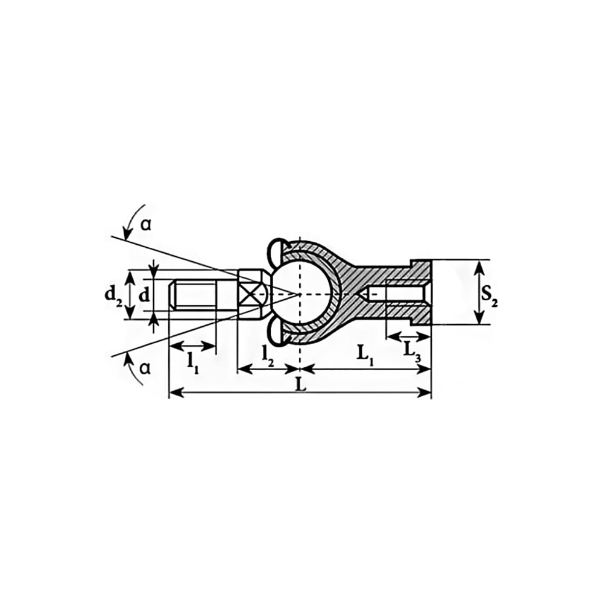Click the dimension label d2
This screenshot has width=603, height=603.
coord(113,296)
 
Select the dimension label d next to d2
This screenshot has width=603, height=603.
coord(144,295)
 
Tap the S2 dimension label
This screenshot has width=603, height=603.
coord(490,296)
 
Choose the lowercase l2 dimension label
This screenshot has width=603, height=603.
coord(268,356)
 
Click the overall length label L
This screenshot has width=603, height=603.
coord(300,385)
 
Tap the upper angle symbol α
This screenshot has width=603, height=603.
coord(145,225)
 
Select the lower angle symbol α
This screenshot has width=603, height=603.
coord(145,369)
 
